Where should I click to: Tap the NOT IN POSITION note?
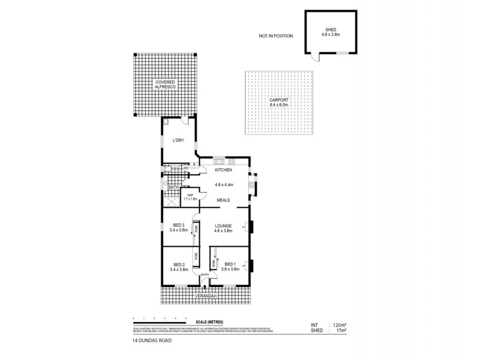(x=275, y=36)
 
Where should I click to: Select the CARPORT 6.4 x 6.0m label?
(x=279, y=102)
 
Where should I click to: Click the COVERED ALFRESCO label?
(x=165, y=85)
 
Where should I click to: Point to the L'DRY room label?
(x=178, y=140)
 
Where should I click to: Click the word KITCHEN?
(x=223, y=170)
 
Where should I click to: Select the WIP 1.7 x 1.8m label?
(x=190, y=197)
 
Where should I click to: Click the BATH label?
(x=172, y=188)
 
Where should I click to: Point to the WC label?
(x=186, y=169)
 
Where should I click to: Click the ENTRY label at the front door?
(x=205, y=275)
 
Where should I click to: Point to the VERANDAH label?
(x=205, y=296)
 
